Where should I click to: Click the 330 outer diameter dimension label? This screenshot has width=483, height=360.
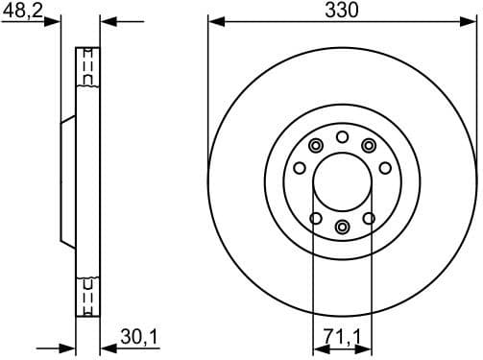[341, 11]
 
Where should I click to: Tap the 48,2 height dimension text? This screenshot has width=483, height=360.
[21, 11]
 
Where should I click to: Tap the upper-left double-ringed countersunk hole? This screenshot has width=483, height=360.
[315, 145]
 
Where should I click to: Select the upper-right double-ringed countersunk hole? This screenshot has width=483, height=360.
[369, 145]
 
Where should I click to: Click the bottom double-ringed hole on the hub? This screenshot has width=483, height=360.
[342, 227]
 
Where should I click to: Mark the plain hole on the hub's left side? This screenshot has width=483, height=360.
[299, 169]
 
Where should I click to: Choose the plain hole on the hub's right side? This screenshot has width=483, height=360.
[385, 169]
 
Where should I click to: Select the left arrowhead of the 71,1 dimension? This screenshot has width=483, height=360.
[320, 347]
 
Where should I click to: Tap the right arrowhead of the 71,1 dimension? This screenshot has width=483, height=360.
[365, 347]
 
